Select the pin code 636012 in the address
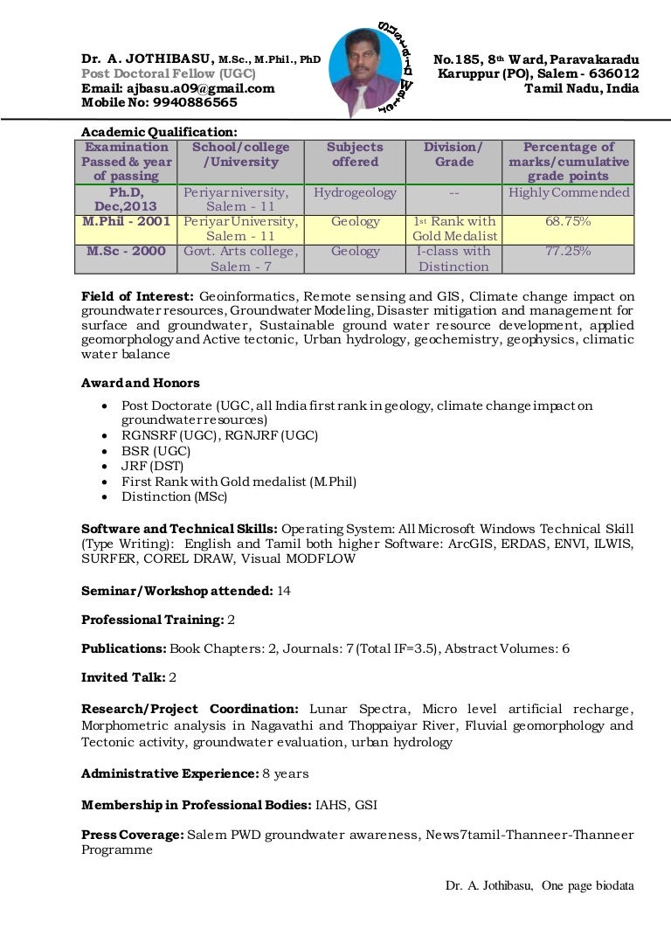pyautogui.click(x=615, y=74)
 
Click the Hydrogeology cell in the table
pyautogui.click(x=355, y=193)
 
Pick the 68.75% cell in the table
pyautogui.click(x=568, y=222)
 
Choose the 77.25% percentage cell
pyautogui.click(x=568, y=252)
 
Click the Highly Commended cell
pyautogui.click(x=569, y=193)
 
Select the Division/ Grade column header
pyautogui.click(x=453, y=155)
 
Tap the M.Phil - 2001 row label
pyautogui.click(x=127, y=222)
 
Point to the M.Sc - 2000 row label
pyautogui.click(x=128, y=252)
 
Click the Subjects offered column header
pyautogui.click(x=355, y=155)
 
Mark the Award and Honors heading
pyautogui.click(x=140, y=383)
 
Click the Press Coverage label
pyautogui.click(x=131, y=836)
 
